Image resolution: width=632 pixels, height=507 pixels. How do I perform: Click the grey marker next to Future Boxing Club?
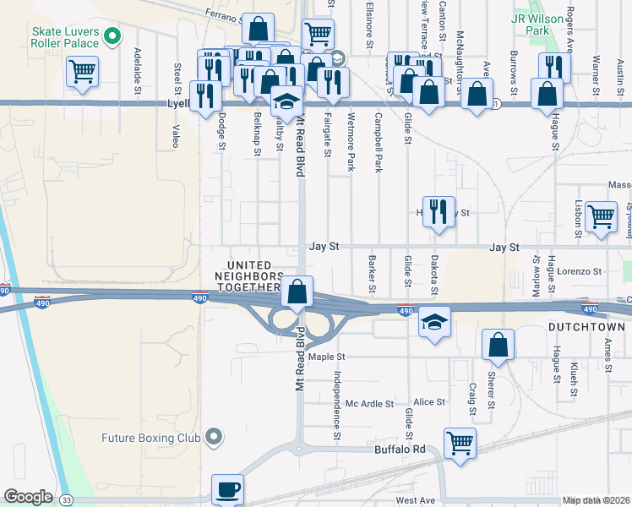pyautogui.click(x=215, y=437)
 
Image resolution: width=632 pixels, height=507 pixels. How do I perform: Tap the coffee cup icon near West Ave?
pyautogui.click(x=227, y=488)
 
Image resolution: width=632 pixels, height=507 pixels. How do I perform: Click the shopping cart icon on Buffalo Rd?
pyautogui.click(x=460, y=441)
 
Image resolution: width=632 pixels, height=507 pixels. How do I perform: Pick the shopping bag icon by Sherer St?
pyautogui.click(x=499, y=344)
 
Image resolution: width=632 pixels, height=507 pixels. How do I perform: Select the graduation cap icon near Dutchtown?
pyautogui.click(x=434, y=322)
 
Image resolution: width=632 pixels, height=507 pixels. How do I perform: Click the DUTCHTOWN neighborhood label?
pyautogui.click(x=585, y=326)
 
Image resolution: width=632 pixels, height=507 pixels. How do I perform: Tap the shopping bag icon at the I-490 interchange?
pyautogui.click(x=297, y=292)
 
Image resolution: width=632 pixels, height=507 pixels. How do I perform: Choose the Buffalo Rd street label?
pyautogui.click(x=400, y=450)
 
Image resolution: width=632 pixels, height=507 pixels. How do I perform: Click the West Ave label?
pyautogui.click(x=415, y=500)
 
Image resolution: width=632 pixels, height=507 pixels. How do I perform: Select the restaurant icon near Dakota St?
pyautogui.click(x=438, y=210)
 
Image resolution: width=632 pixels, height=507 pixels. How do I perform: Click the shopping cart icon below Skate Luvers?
pyautogui.click(x=83, y=71)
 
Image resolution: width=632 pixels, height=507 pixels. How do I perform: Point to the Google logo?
pyautogui.click(x=28, y=497)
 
